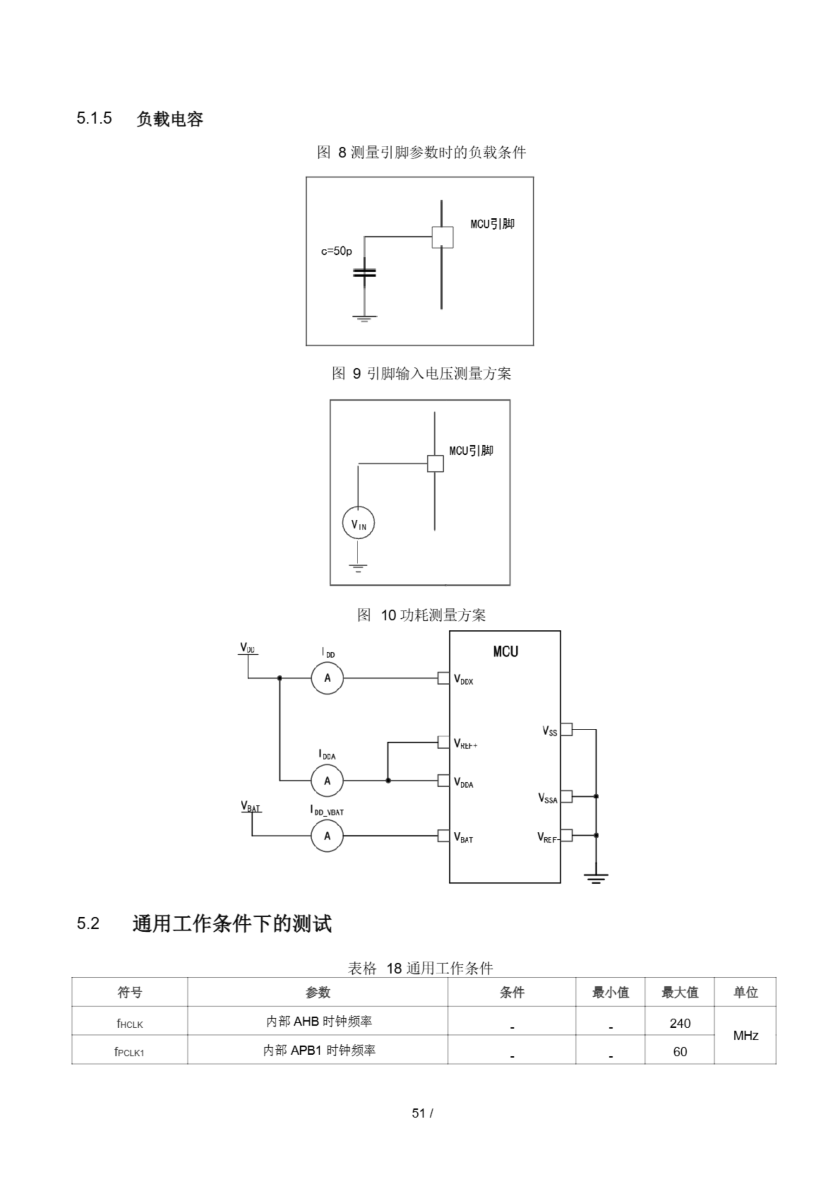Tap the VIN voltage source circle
[x=358, y=523]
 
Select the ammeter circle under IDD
[x=327, y=678]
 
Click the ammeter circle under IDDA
[x=327, y=780]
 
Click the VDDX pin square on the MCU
[x=444, y=678]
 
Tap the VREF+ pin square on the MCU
[x=444, y=742]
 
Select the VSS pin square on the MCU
[x=567, y=729]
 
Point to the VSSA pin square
[x=567, y=796]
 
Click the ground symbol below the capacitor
[x=364, y=318]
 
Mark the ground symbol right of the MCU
[x=596, y=877]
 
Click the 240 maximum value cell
[x=679, y=1023]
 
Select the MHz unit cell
[x=745, y=1036]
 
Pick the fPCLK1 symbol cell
[x=129, y=1052]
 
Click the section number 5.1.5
[x=94, y=118]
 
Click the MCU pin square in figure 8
[x=443, y=237]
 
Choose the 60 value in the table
[x=679, y=1052]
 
